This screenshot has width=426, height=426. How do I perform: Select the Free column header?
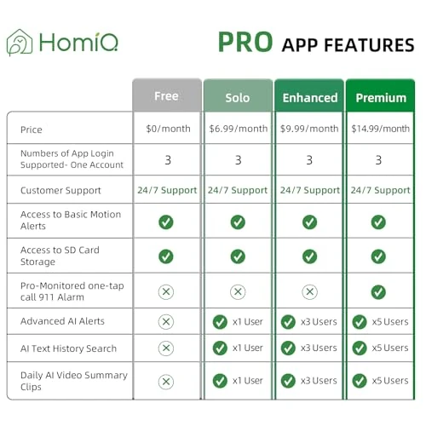pyautogui.click(x=166, y=97)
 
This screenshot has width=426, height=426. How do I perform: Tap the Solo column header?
pyautogui.click(x=238, y=97)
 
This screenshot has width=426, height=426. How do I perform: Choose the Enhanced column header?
pyautogui.click(x=309, y=97)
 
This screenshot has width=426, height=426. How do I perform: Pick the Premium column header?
pyautogui.click(x=381, y=97)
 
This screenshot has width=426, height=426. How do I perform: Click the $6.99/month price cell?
pyautogui.click(x=238, y=129)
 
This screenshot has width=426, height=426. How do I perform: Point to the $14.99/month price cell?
pyautogui.click(x=381, y=129)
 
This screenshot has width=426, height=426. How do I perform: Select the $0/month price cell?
pyautogui.click(x=166, y=129)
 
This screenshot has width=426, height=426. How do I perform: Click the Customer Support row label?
pyautogui.click(x=60, y=190)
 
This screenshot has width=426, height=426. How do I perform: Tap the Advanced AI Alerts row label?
pyautogui.click(x=64, y=321)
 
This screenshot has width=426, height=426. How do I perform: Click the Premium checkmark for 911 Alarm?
pyautogui.click(x=378, y=291)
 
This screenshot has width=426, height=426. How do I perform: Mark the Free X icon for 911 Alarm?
pyautogui.click(x=166, y=291)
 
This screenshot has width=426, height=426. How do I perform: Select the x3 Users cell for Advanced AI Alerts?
pyautogui.click(x=309, y=321)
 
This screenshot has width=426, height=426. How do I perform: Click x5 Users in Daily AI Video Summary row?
pyautogui.click(x=381, y=381)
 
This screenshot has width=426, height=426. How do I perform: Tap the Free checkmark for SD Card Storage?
pyautogui.click(x=166, y=256)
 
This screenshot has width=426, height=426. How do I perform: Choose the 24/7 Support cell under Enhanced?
pyautogui.click(x=309, y=190)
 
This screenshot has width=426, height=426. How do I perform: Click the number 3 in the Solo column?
pyautogui.click(x=238, y=159)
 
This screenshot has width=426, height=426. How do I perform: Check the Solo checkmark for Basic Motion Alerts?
pyautogui.click(x=238, y=222)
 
